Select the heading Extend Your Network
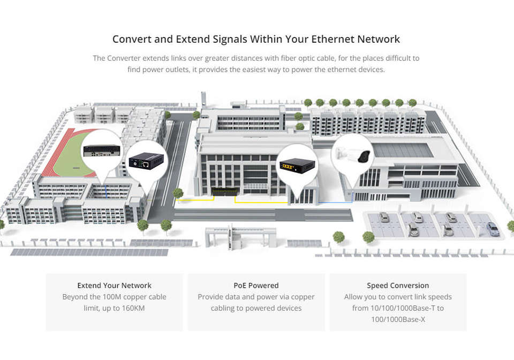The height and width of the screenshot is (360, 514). point(114,286)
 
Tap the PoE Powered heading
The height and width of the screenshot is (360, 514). point(256,286)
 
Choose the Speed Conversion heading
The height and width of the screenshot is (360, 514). point(398,286)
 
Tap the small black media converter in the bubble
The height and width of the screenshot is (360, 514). point(146,159)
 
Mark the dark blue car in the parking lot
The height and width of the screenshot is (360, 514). point(493,230)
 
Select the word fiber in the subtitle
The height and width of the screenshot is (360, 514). point(297,58)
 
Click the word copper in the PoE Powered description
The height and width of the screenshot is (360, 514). point(302,297)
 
